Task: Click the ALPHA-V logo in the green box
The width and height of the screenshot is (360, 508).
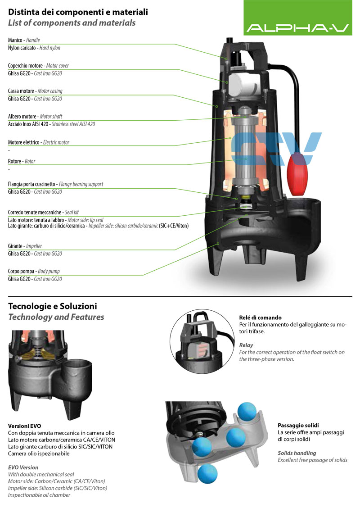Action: [x=297, y=28]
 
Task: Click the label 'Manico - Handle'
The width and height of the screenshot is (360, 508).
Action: [x=24, y=40]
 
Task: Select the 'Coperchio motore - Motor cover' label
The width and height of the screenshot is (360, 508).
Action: [x=38, y=65]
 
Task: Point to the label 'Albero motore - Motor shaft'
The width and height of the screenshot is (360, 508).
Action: [x=35, y=116]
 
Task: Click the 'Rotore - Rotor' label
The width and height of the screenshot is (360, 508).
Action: [x=21, y=161]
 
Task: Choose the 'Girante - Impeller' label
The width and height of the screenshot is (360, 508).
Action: [x=25, y=246]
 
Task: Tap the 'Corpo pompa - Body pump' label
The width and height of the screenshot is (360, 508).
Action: [x=34, y=271]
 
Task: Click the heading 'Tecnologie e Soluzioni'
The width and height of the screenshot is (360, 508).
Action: [x=53, y=306]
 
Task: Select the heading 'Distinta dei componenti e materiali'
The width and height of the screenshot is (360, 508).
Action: [x=78, y=12]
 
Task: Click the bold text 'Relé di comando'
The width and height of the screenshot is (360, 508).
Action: [x=260, y=317]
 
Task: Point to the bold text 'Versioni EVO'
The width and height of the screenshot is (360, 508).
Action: [x=25, y=426]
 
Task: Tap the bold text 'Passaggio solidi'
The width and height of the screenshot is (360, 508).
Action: [x=298, y=425]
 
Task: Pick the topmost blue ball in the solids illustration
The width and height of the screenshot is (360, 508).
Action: [x=247, y=412]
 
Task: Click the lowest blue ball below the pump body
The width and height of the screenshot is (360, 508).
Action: [x=208, y=473]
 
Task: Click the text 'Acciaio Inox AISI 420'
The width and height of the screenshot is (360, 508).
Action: [x=28, y=124]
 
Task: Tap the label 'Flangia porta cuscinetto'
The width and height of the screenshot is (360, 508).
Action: [x=32, y=184]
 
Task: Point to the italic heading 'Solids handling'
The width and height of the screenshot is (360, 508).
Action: [x=297, y=453]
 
